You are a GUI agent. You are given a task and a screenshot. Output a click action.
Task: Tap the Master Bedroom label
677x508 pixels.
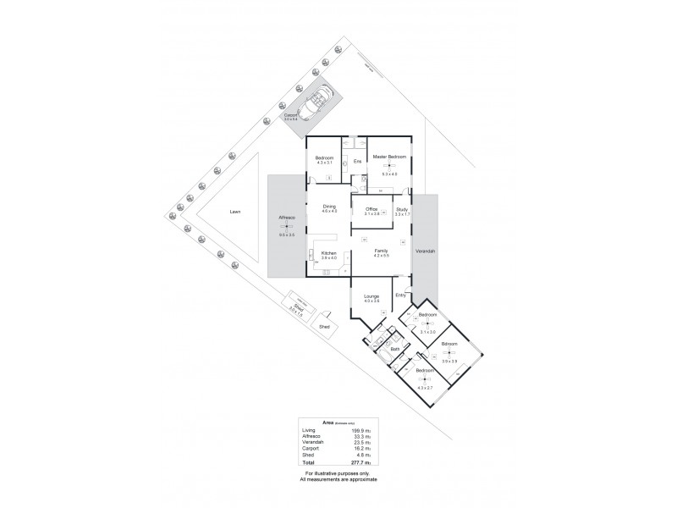click(x=389, y=157)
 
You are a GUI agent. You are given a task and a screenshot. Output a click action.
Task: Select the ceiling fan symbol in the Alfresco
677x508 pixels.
click(x=286, y=227)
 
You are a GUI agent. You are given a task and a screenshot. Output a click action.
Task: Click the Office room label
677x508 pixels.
click(x=371, y=208)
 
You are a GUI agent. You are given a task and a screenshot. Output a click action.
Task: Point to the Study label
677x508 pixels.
click(x=402, y=208)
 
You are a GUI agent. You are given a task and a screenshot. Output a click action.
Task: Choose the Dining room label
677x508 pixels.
click(x=329, y=206)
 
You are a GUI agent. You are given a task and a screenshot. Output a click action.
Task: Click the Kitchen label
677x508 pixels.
click(x=329, y=253)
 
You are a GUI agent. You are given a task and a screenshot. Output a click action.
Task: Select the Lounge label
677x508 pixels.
click(x=371, y=296)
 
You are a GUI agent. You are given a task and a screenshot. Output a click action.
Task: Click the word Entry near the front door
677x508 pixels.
click(x=400, y=295)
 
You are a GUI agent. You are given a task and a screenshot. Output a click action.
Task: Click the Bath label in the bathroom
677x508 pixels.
click(x=394, y=349)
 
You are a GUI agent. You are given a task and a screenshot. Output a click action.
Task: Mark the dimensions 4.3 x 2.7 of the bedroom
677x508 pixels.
click(x=425, y=387)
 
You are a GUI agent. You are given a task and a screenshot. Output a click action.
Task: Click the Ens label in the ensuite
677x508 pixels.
click(x=356, y=160)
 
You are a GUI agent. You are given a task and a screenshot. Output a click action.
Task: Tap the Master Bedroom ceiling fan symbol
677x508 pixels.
click(x=389, y=166)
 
